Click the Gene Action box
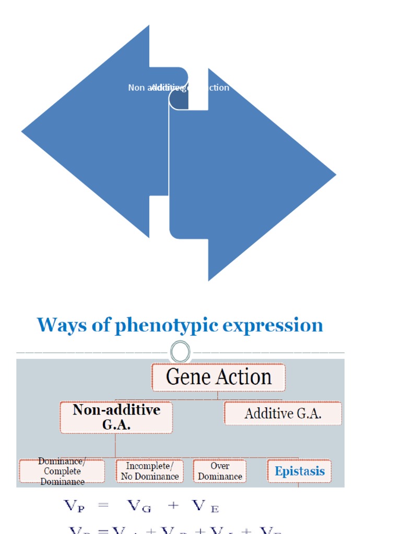pos(218,378)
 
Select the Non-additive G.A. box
pos(116,417)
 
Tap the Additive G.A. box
pos(283,414)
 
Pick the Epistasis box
pos(299,471)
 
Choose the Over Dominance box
pos(220,471)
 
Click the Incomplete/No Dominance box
pos(149,471)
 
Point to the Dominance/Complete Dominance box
pos(62,471)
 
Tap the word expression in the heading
pos(273,326)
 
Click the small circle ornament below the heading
pos(180,352)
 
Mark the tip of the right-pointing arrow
pos(335,175)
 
